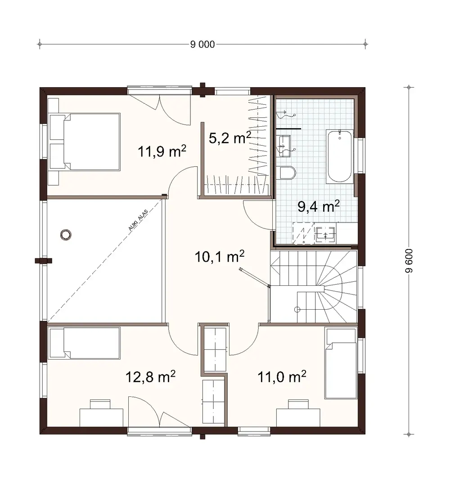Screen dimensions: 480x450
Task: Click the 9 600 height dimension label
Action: pyautogui.click(x=409, y=261)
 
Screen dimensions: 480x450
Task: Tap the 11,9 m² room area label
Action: pyautogui.click(x=162, y=151)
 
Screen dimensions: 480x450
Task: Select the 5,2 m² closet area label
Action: pyautogui.click(x=229, y=138)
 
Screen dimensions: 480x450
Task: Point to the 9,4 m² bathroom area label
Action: pyautogui.click(x=319, y=206)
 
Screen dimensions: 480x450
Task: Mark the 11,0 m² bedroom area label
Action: pyautogui.click(x=282, y=376)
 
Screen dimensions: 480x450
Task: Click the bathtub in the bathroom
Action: pyautogui.click(x=340, y=156)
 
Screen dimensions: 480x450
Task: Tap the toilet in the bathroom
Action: pyautogui.click(x=287, y=173)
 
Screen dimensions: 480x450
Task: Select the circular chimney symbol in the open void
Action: pyautogui.click(x=66, y=235)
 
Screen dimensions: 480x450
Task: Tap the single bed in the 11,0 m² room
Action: pyautogui.click(x=341, y=364)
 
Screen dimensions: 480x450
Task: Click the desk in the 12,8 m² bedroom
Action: pyautogui.click(x=101, y=416)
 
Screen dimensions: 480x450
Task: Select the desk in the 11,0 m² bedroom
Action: pyautogui.click(x=298, y=416)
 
